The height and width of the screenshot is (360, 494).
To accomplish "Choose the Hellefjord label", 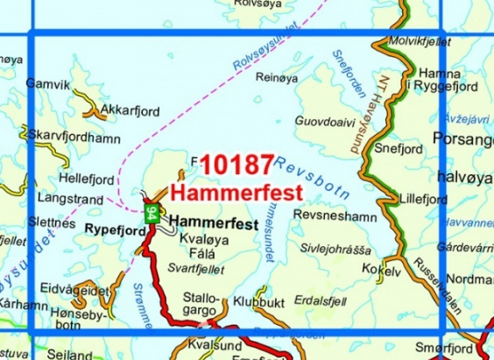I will tap(85, 178).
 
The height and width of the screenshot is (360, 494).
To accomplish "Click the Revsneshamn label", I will tap(335, 215).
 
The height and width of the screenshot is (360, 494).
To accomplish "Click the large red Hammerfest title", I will tap(235, 190).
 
